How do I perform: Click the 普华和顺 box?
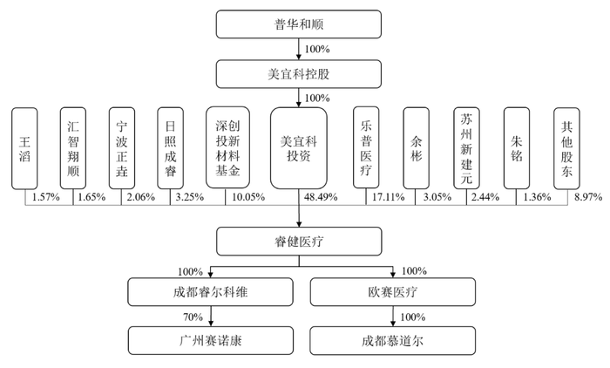pyautogui.click(x=298, y=24)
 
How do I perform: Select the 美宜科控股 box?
pyautogui.click(x=298, y=73)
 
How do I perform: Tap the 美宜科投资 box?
pyautogui.click(x=298, y=147)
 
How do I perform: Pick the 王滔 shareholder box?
pyautogui.click(x=25, y=147)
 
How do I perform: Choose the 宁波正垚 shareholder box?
pyautogui.click(x=123, y=147)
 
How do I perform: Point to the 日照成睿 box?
pyautogui.click(x=171, y=147)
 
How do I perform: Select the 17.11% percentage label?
pyautogui.click(x=389, y=198)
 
